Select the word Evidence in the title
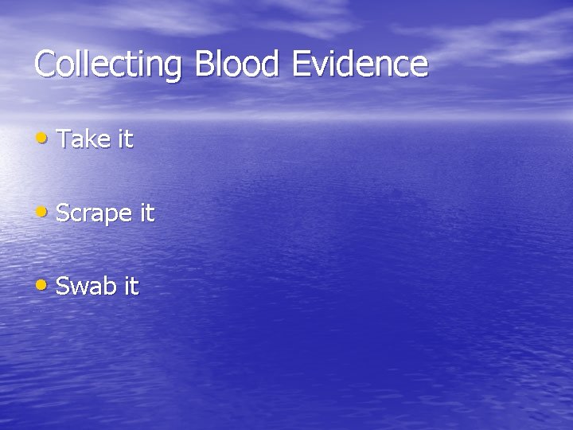(360, 64)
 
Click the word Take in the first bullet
(83, 139)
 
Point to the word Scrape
(93, 213)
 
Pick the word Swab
(86, 286)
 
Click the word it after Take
(125, 139)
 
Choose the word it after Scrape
(146, 213)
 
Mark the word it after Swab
(131, 286)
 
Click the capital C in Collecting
(45, 64)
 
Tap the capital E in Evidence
(302, 64)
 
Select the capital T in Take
(64, 139)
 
